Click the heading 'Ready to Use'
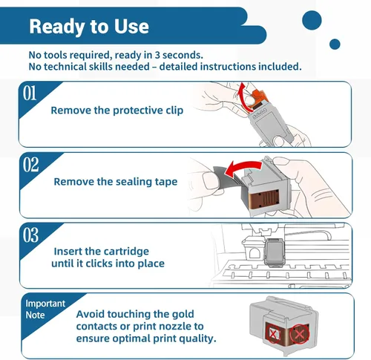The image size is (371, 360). click(x=89, y=27)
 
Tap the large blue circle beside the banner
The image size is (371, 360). click(x=312, y=20)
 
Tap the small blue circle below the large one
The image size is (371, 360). click(x=335, y=44)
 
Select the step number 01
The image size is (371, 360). click(x=30, y=94)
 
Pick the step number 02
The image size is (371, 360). click(x=31, y=165)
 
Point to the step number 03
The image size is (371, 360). click(x=31, y=235)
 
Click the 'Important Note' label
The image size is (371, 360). click(x=45, y=309)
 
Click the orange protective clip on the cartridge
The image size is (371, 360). click(x=258, y=98)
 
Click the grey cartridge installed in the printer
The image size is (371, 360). click(x=275, y=252)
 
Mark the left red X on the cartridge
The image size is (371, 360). click(x=273, y=334)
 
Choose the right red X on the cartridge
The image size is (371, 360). click(x=300, y=335)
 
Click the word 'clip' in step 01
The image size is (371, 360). click(x=174, y=111)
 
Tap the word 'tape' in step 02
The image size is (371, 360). click(x=166, y=182)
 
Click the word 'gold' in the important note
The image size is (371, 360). click(x=183, y=314)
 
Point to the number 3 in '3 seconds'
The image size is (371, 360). click(x=157, y=55)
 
